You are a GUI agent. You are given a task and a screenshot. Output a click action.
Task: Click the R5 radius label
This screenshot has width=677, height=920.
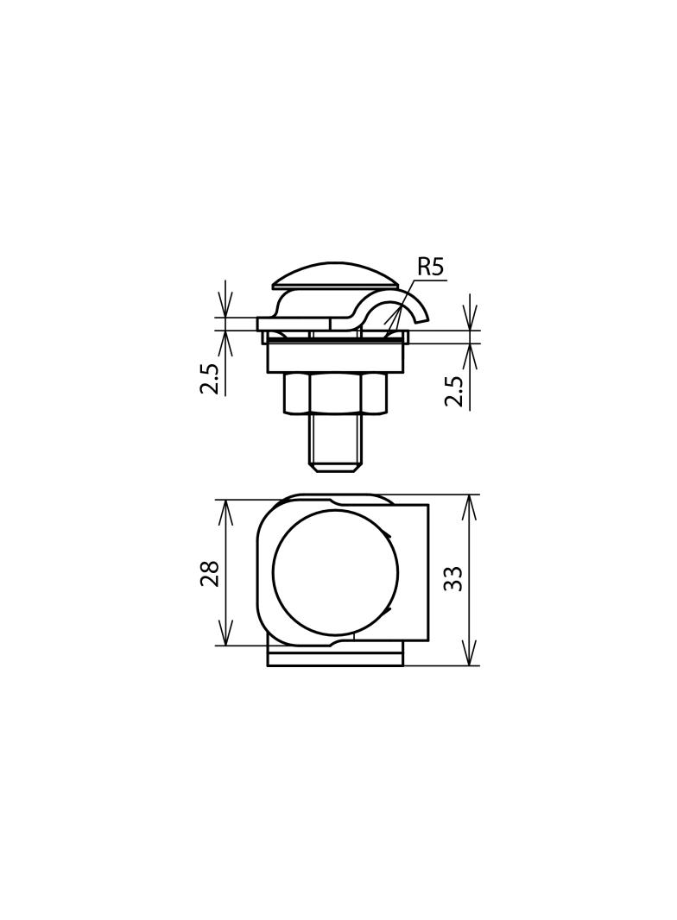430,267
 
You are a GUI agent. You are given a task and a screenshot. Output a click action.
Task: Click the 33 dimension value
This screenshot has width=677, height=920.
453,578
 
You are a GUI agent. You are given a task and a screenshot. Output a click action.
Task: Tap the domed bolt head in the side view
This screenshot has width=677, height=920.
334,275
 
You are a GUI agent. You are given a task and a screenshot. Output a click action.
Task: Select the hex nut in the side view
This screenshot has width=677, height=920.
334,393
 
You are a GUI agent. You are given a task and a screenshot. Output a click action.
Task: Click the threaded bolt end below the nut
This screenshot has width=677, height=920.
335,442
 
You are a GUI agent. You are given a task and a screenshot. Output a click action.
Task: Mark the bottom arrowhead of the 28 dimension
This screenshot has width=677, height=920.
225,637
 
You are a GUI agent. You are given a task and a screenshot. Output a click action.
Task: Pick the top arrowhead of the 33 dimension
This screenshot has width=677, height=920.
470,504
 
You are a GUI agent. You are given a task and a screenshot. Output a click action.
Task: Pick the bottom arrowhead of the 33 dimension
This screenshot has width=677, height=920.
470,657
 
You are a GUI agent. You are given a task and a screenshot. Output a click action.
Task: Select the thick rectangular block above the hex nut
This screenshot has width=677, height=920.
335,357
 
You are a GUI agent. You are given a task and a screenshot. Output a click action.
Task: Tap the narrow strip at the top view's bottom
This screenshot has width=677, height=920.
335,659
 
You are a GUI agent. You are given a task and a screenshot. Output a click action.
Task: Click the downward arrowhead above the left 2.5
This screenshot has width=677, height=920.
225,309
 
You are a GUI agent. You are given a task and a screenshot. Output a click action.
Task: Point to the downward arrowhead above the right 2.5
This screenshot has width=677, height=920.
470,322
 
